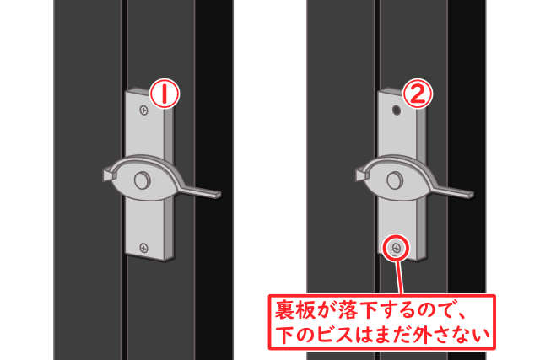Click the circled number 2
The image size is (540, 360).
coord(414,94)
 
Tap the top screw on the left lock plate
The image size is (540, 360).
coord(144,109)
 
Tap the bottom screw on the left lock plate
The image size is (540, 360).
coord(144,247)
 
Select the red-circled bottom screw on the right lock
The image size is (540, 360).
coord(396,247)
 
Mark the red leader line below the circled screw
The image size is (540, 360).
coord(396,275)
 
